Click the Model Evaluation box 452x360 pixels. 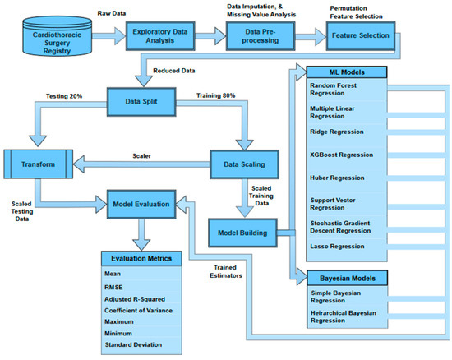141,202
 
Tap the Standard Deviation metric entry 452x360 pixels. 133,344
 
